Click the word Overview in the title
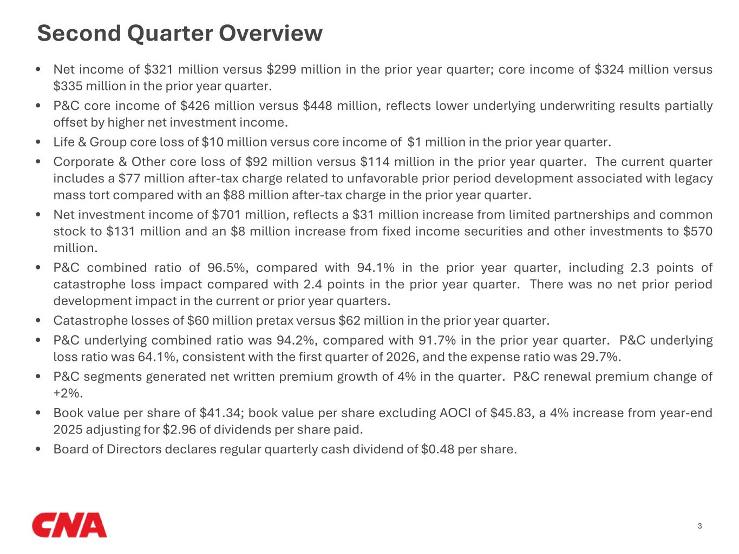270,33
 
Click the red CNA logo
69,525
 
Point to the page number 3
699,526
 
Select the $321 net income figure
159,69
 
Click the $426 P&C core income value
194,105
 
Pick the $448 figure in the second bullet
317,105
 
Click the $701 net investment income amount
226,215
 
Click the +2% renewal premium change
68,393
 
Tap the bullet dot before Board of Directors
38,449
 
